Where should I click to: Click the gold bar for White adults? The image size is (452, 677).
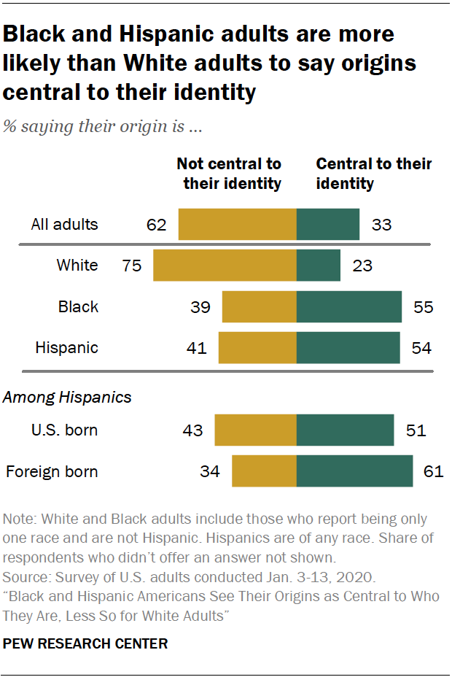(225, 265)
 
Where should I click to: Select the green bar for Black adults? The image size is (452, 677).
(349, 306)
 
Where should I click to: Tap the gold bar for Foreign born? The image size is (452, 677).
(264, 471)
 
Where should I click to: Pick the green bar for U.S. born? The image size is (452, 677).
(345, 430)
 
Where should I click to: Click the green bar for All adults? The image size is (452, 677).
(328, 224)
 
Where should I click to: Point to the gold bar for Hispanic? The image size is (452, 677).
(257, 347)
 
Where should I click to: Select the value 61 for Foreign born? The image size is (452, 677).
(433, 471)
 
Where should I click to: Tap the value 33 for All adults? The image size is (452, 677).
(381, 224)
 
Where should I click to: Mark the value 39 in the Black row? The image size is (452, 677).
(200, 306)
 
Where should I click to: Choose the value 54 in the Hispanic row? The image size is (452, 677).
(421, 347)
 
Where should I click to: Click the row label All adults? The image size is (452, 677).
(64, 224)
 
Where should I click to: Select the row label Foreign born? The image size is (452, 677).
(52, 471)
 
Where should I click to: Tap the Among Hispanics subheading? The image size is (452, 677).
(68, 397)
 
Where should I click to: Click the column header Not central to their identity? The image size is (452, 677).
(229, 174)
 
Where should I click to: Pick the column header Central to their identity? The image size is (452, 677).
(373, 174)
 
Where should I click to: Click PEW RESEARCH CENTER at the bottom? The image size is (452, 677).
(85, 643)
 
